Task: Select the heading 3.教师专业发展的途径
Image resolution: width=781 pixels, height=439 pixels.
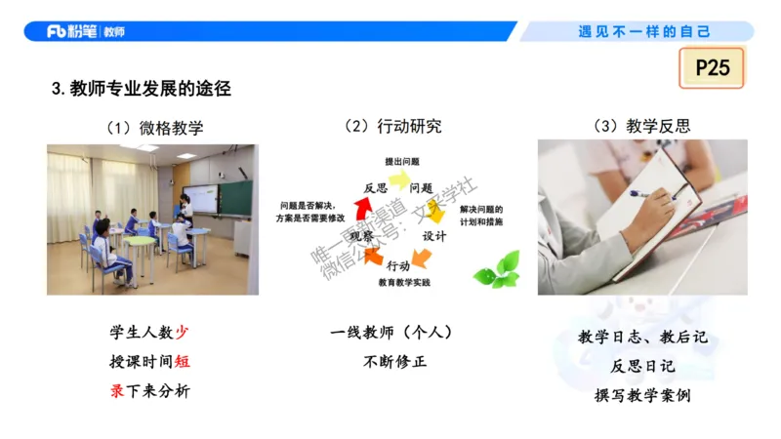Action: (141, 89)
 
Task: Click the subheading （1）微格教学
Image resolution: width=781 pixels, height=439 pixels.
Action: (155, 128)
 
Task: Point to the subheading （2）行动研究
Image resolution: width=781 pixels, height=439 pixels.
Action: (393, 127)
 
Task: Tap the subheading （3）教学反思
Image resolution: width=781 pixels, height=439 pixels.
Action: (641, 127)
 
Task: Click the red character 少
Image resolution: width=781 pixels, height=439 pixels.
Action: (182, 333)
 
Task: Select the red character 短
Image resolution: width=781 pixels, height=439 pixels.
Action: (182, 362)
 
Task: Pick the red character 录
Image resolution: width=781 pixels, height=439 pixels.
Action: (117, 391)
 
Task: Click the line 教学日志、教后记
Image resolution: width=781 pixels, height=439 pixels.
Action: (641, 338)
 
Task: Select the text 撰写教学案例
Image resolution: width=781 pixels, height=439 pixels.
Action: (641, 396)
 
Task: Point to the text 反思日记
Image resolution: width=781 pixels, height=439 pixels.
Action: (641, 367)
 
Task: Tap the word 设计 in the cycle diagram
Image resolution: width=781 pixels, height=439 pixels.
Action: (434, 236)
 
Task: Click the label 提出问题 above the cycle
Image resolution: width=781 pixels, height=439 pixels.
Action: (402, 161)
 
